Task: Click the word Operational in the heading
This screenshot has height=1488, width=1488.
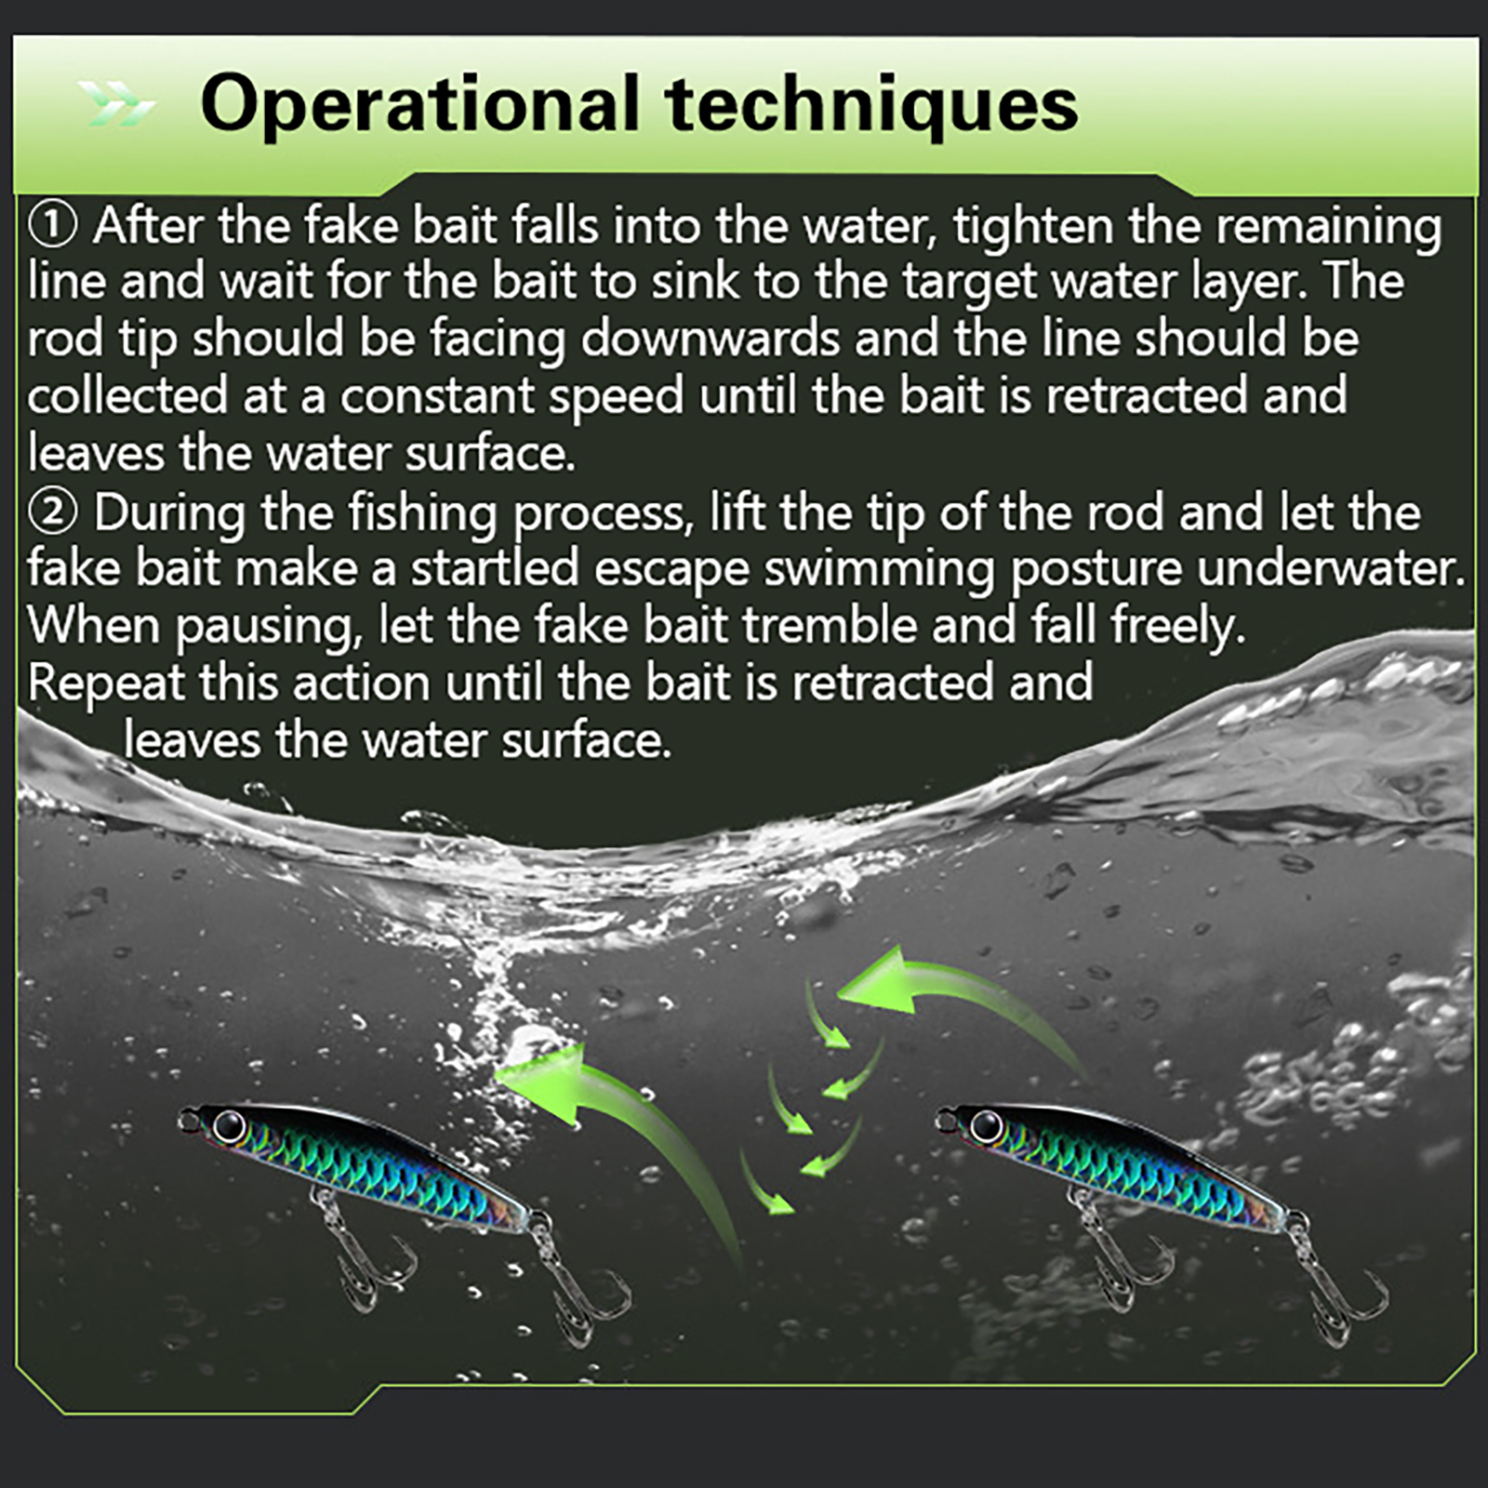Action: point(419,105)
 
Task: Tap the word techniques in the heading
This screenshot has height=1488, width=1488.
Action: point(871,105)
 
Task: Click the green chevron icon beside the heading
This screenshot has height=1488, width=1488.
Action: point(115,103)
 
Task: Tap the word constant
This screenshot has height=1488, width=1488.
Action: point(436,396)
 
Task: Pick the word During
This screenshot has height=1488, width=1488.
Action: point(169,514)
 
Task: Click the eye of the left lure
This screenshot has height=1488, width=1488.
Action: point(227,1126)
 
